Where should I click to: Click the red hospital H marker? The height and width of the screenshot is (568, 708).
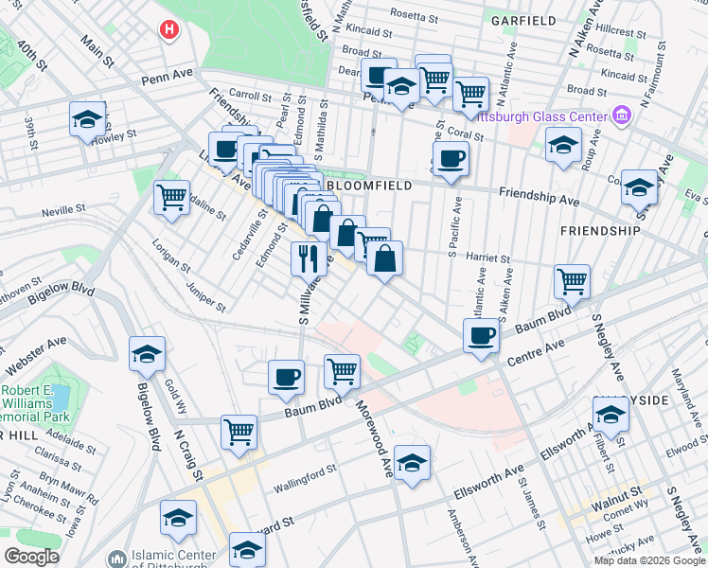(x=169, y=30)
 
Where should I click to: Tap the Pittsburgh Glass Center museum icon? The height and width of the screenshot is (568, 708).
(x=622, y=116)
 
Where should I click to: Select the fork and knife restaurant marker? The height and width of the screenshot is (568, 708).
(x=307, y=258)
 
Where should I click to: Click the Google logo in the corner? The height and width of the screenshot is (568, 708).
(x=31, y=557)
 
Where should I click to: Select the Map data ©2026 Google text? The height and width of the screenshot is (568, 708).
(x=649, y=560)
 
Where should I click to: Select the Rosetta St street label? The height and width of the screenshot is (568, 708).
(x=416, y=17)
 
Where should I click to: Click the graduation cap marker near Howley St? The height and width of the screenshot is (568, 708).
(x=87, y=119)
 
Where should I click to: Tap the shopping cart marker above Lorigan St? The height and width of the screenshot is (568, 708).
(x=171, y=198)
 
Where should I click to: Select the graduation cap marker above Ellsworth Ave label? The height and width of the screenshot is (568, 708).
(x=412, y=463)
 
